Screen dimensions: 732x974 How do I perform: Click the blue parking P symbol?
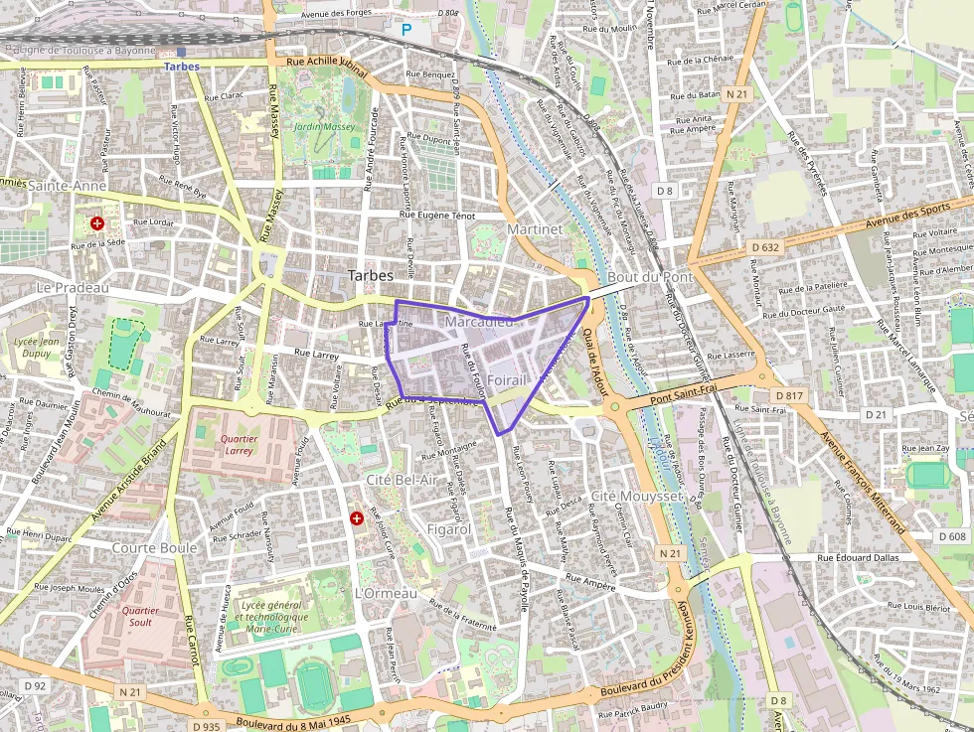406,31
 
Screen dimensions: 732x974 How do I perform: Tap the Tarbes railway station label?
182,67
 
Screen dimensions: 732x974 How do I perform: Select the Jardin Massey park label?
324,127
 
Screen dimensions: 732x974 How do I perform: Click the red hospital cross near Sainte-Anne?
96,224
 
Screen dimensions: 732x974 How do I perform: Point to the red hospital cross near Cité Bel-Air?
356,518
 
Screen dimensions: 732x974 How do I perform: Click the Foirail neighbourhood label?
507,380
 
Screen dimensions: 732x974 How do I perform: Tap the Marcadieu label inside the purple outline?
479,322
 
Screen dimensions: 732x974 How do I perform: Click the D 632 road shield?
765,246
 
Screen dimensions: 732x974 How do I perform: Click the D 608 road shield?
951,536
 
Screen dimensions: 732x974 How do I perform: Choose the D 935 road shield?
207,726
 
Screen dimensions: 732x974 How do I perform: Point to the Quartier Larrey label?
239,444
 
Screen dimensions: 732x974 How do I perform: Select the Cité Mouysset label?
636,495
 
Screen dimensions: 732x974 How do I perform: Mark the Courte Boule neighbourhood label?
154,548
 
